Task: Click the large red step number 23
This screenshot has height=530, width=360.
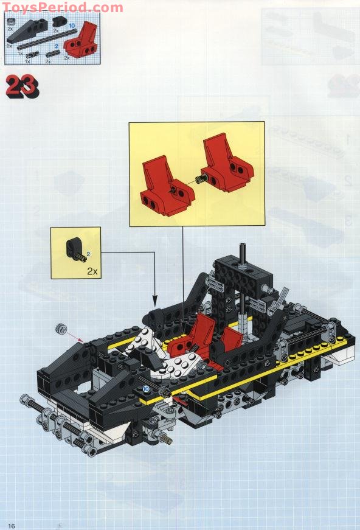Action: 22,86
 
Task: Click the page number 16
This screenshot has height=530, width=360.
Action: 11,525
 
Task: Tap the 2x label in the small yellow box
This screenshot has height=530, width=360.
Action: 92,271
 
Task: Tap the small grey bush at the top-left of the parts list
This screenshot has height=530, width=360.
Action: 10,21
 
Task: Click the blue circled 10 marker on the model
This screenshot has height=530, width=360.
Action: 146,388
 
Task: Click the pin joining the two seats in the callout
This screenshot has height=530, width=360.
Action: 201,178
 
